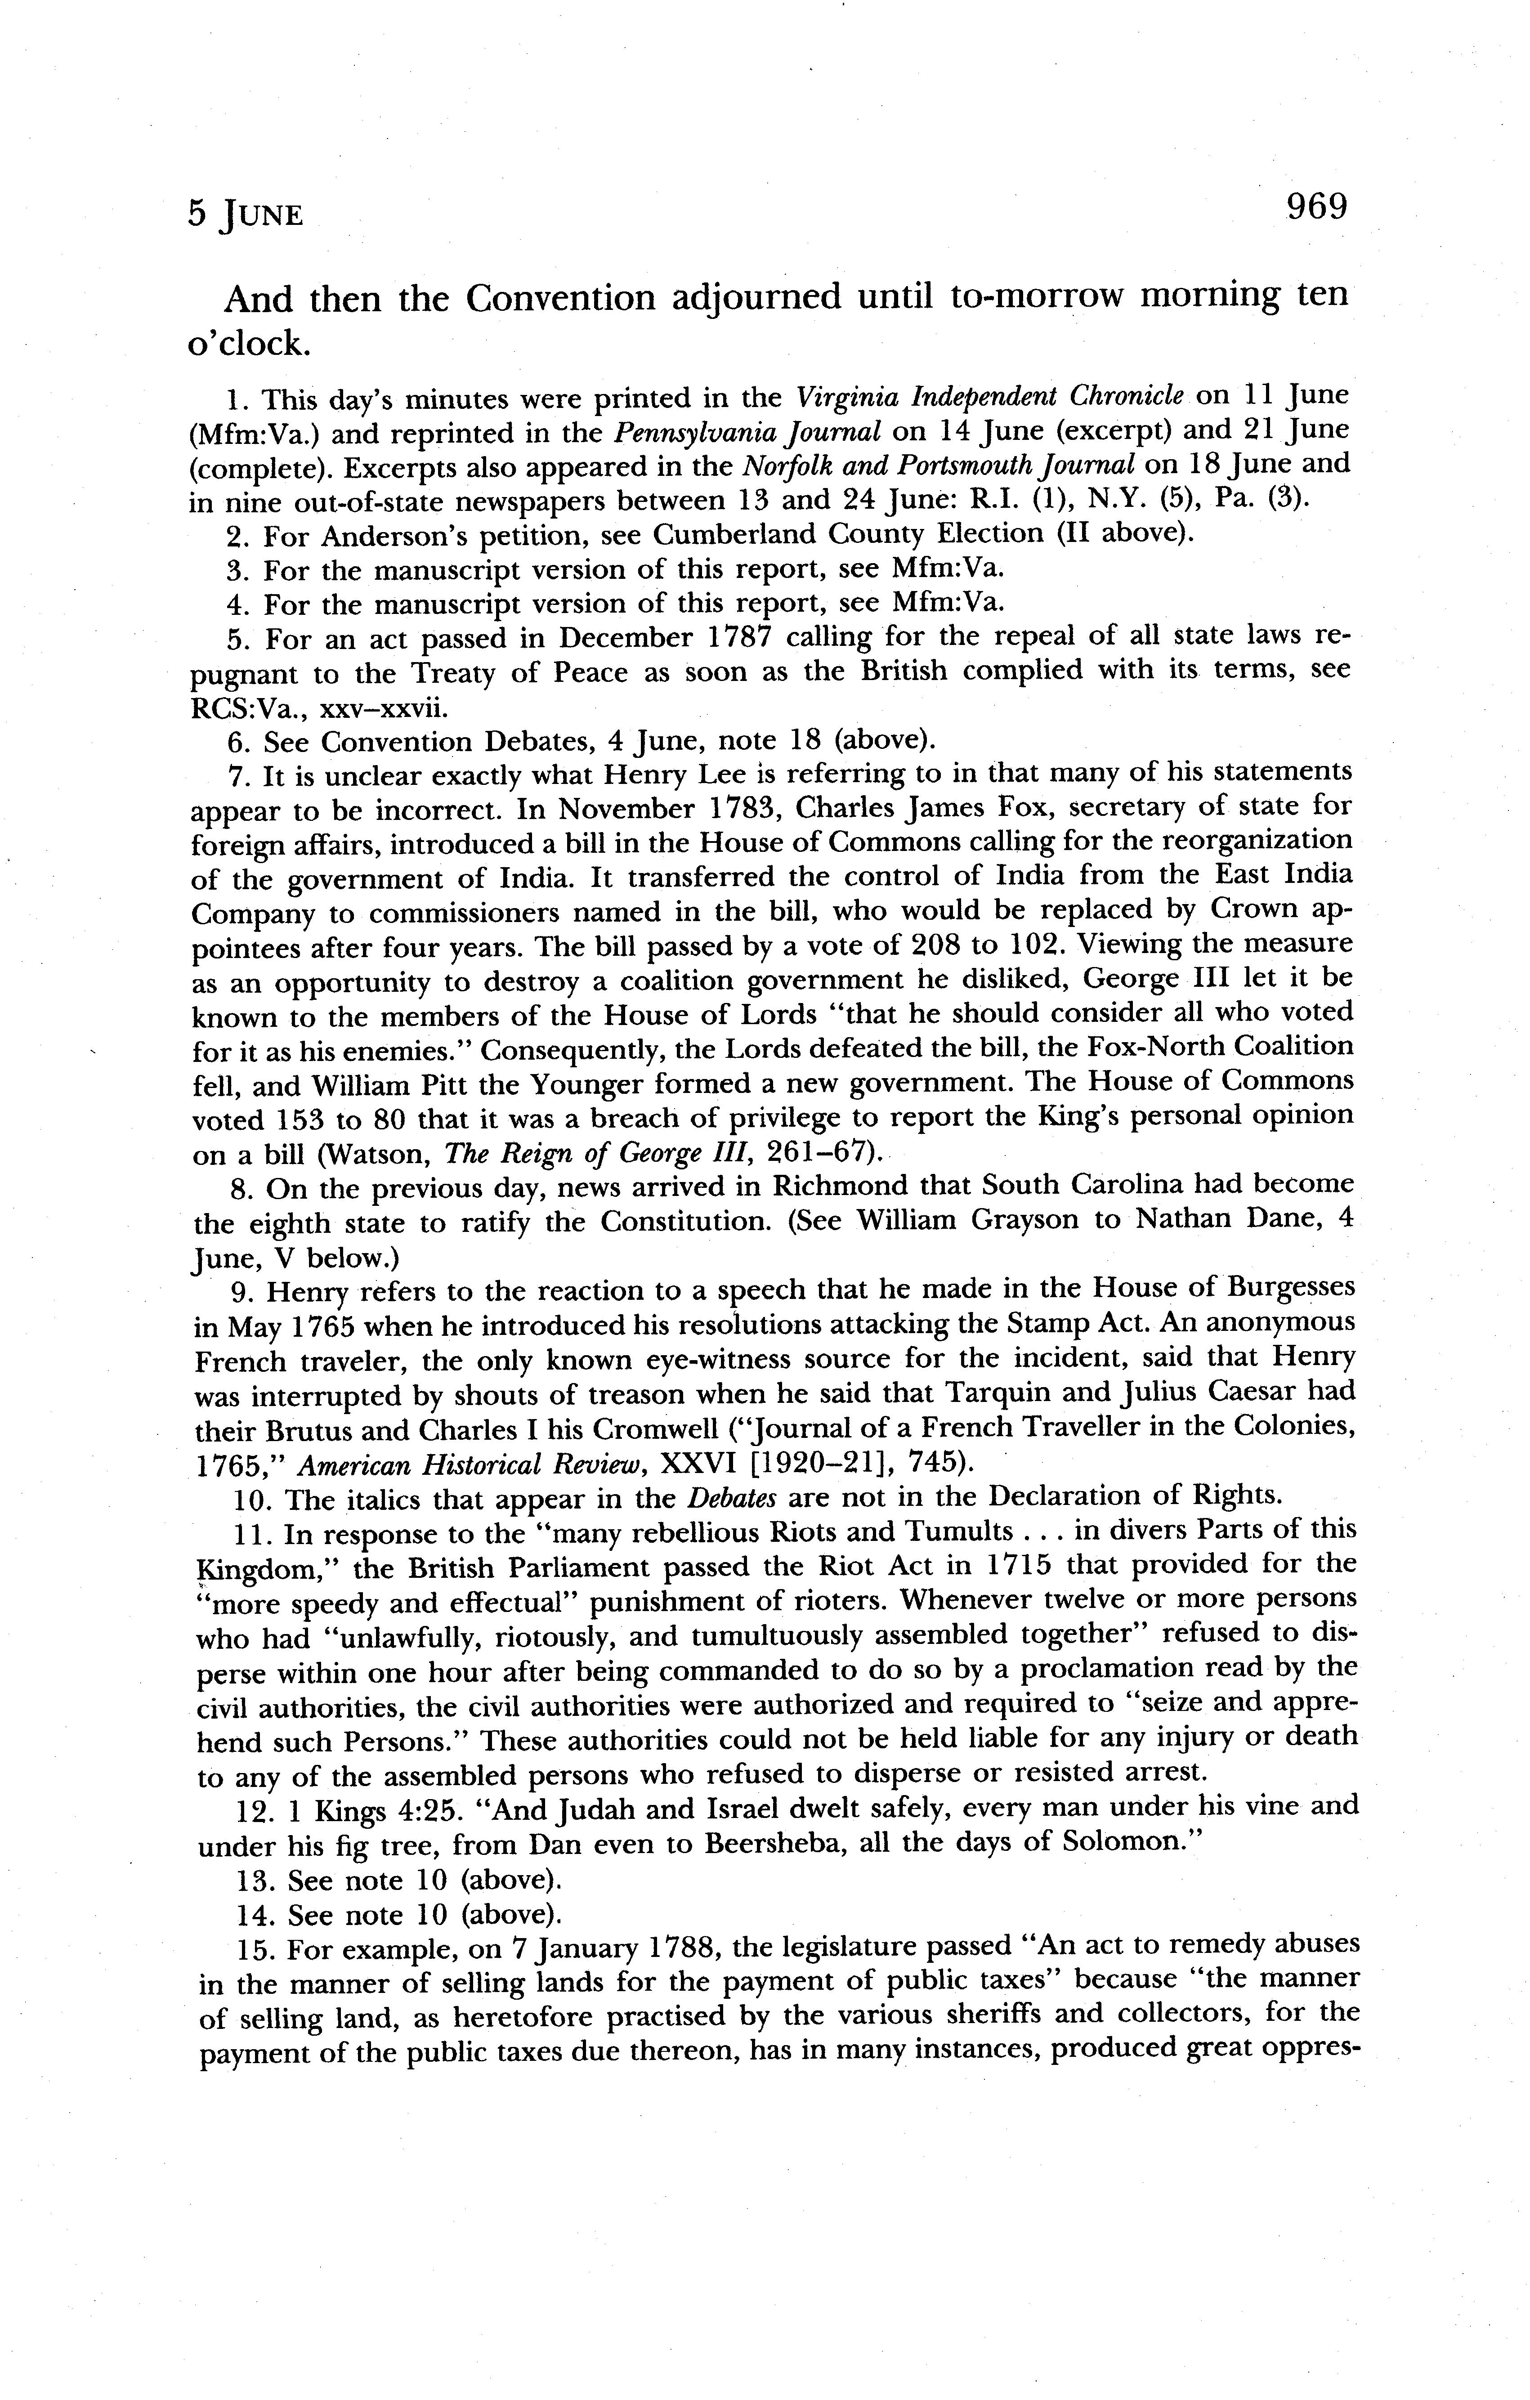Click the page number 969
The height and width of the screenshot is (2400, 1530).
tap(1315, 207)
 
